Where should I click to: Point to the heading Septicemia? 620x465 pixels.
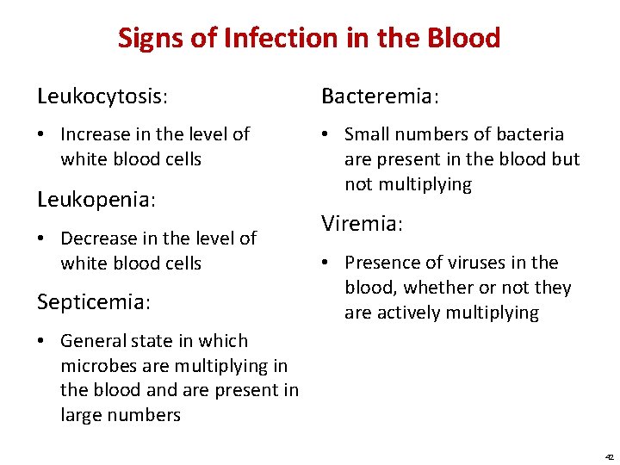(94, 302)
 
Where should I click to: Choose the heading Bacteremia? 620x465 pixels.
(380, 96)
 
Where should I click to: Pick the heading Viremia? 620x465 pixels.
(362, 224)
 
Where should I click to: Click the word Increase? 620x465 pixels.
(95, 134)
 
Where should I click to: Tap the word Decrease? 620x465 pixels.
(97, 238)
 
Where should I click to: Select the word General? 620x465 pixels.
(92, 341)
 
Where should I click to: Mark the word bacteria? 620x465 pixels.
(530, 134)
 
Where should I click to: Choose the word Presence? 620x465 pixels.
(380, 263)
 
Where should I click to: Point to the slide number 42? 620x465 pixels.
(610, 457)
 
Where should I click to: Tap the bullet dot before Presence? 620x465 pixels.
(327, 263)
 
